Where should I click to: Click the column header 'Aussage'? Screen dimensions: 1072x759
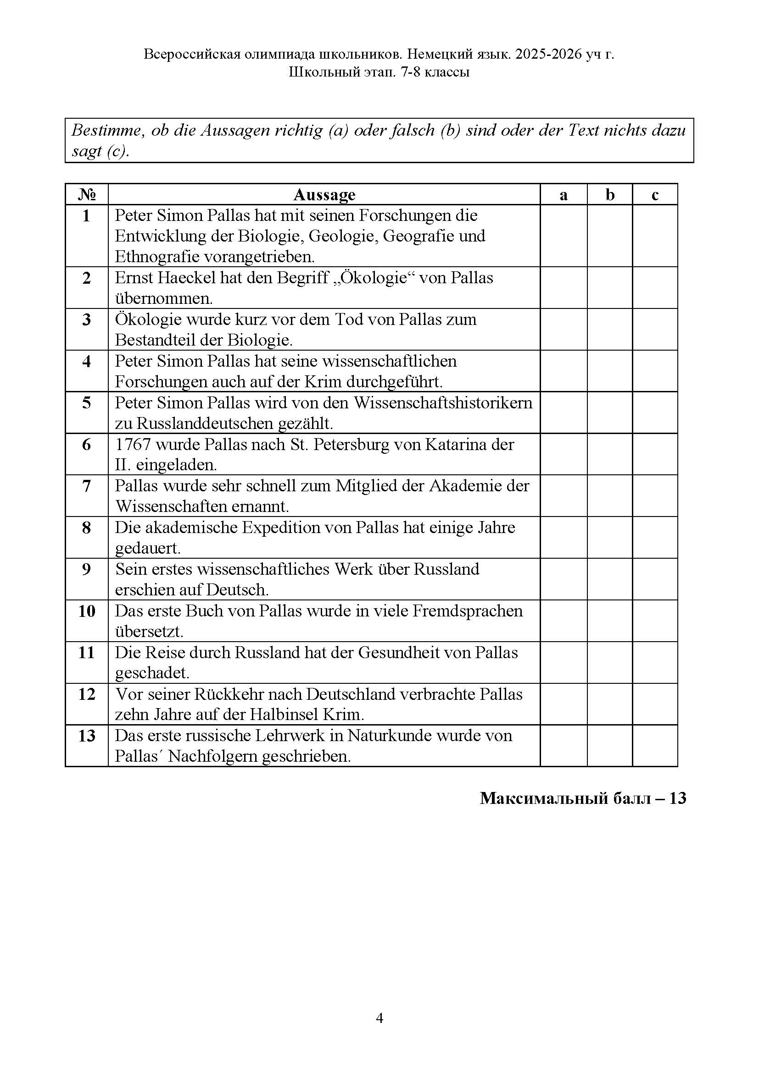[x=324, y=195]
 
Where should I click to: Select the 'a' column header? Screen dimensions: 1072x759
[x=563, y=195]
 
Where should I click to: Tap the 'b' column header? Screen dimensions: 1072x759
[x=610, y=195]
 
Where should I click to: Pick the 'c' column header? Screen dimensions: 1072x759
[x=655, y=195]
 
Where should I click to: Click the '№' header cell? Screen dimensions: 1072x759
[x=86, y=195]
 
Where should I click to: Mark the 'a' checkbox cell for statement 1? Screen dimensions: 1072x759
[x=563, y=236]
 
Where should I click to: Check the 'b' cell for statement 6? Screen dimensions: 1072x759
[x=610, y=454]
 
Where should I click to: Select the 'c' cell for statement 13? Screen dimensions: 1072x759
[x=655, y=746]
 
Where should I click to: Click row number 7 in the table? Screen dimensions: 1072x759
[x=86, y=486]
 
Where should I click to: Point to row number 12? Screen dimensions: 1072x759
[x=86, y=694]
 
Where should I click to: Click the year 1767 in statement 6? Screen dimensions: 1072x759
[x=133, y=445]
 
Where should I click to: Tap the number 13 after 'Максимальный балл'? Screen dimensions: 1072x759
[x=677, y=798]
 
